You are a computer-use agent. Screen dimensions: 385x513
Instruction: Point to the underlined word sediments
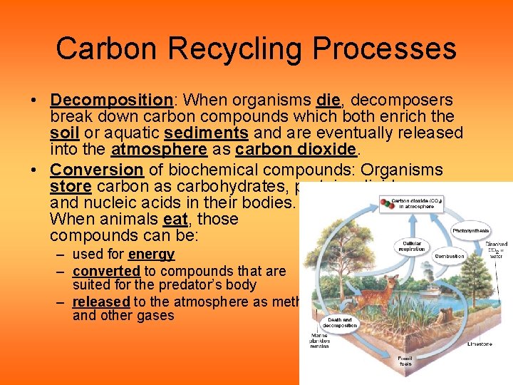pyautogui.click(x=206, y=133)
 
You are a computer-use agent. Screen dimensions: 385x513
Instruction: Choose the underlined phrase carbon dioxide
pyautogui.click(x=295, y=149)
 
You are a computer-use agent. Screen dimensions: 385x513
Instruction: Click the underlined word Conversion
pyautogui.click(x=97, y=170)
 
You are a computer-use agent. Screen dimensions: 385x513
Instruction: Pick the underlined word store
pyautogui.click(x=71, y=186)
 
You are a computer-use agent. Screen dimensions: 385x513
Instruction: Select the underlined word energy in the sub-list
pyautogui.click(x=151, y=255)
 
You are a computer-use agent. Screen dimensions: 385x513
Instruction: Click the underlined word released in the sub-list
pyautogui.click(x=100, y=302)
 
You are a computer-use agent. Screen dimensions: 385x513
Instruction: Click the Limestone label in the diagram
pyautogui.click(x=480, y=344)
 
